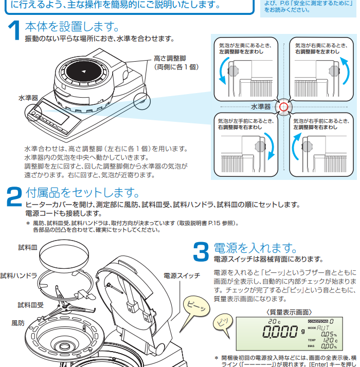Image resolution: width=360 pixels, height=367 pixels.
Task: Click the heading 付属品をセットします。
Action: pyautogui.click(x=82, y=193)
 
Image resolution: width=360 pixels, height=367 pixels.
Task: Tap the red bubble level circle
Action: pyautogui.click(x=282, y=106)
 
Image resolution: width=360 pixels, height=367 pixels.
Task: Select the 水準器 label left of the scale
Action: pyautogui.click(x=28, y=97)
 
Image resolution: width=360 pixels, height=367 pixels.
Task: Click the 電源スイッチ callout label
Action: pyautogui.click(x=182, y=276)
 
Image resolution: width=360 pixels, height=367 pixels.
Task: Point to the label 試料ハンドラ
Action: pyautogui.click(x=19, y=276)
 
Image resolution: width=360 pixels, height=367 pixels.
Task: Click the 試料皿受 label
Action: pyautogui.click(x=30, y=305)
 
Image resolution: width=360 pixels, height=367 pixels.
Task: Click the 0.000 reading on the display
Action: pyautogui.click(x=276, y=332)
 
